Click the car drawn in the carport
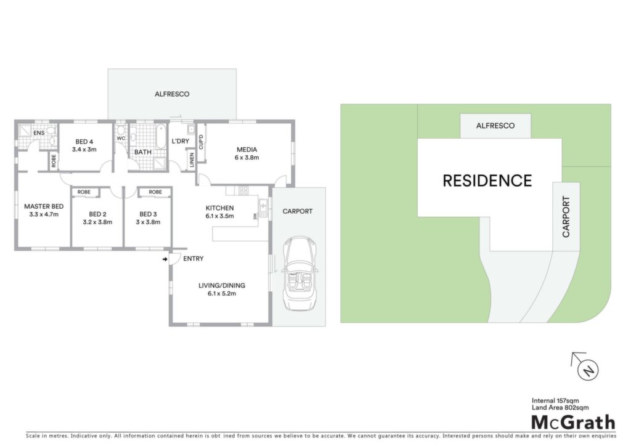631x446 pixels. [299, 274]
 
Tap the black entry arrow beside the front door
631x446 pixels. [165, 259]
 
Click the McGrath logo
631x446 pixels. [574, 422]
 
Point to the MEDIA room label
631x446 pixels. [246, 150]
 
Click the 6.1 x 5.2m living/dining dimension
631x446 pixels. [222, 294]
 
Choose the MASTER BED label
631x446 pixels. [44, 206]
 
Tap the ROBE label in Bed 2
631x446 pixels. [84, 192]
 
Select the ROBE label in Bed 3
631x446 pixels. [155, 192]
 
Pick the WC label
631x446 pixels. [121, 139]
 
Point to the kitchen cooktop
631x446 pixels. [243, 190]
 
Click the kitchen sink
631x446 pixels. [263, 208]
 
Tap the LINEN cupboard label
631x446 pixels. [192, 160]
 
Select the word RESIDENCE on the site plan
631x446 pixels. [487, 180]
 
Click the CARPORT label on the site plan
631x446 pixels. [566, 216]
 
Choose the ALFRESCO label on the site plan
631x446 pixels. [495, 126]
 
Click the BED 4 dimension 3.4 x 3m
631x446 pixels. [84, 150]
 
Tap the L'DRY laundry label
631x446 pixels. [181, 141]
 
